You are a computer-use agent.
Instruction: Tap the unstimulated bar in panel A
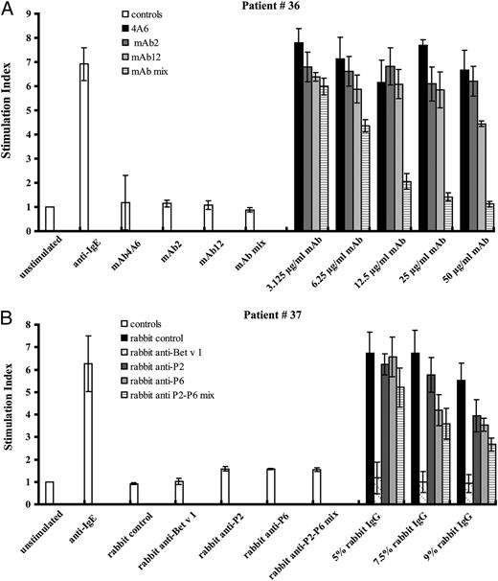pyautogui.click(x=50, y=219)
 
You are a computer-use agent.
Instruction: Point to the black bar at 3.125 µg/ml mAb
pyautogui.click(x=299, y=137)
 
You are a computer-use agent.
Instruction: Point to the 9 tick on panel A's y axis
pyautogui.click(x=34, y=15)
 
